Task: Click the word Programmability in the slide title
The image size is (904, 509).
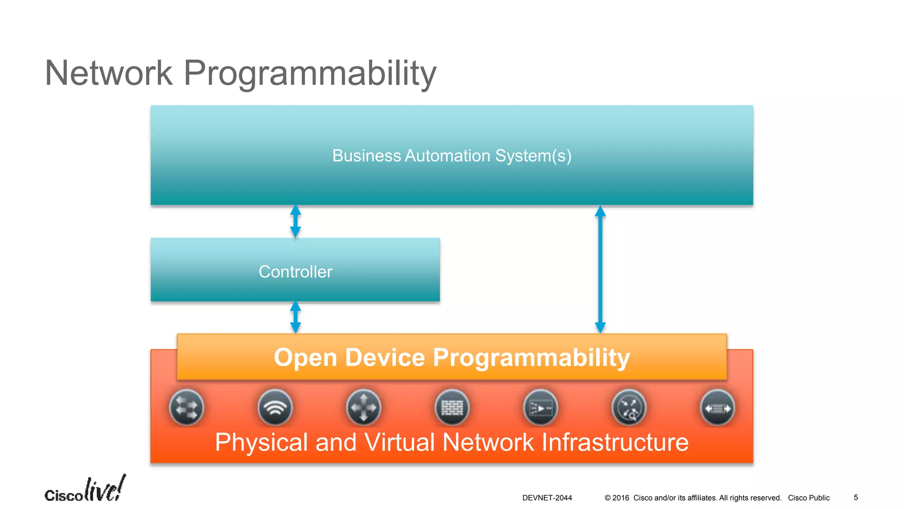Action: tap(310, 73)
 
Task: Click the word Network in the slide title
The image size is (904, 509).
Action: tap(109, 73)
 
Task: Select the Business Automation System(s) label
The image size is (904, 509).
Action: tap(452, 156)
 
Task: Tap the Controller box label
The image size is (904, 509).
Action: tap(295, 272)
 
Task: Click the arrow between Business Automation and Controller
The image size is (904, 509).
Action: tap(295, 221)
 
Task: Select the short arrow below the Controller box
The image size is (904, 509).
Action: tap(295, 317)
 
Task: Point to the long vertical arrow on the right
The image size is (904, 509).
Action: tap(600, 270)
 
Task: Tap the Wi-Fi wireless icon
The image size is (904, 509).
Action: tap(275, 407)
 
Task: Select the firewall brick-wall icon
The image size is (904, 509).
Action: tap(452, 407)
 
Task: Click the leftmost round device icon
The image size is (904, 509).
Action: tap(186, 407)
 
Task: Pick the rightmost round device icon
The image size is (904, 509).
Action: tap(718, 407)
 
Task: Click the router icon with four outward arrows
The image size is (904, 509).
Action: tap(363, 407)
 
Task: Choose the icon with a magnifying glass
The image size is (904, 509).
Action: tap(629, 407)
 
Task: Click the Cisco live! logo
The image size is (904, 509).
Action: tap(85, 490)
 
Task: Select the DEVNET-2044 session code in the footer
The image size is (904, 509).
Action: tap(547, 498)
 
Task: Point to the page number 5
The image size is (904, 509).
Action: tap(855, 498)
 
